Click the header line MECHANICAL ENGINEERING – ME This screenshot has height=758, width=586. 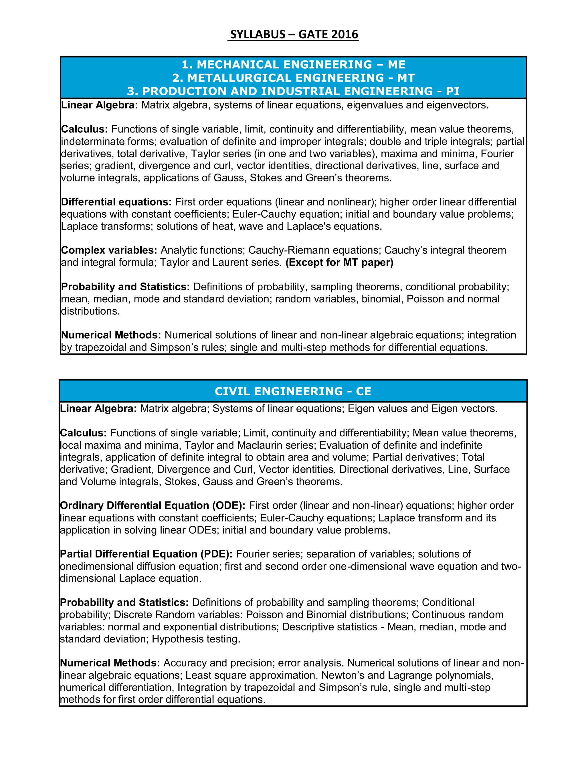point(293,65)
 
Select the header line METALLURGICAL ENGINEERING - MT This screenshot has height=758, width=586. point(293,78)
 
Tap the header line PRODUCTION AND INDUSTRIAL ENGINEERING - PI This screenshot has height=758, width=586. point(293,91)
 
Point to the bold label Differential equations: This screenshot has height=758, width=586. point(116,202)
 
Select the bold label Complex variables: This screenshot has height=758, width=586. point(109,250)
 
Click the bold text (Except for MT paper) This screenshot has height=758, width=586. point(339,262)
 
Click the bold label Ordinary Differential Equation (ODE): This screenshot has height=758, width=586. point(153,505)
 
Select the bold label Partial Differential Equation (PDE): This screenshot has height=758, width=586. point(146,554)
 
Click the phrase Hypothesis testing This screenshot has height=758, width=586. point(196,639)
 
